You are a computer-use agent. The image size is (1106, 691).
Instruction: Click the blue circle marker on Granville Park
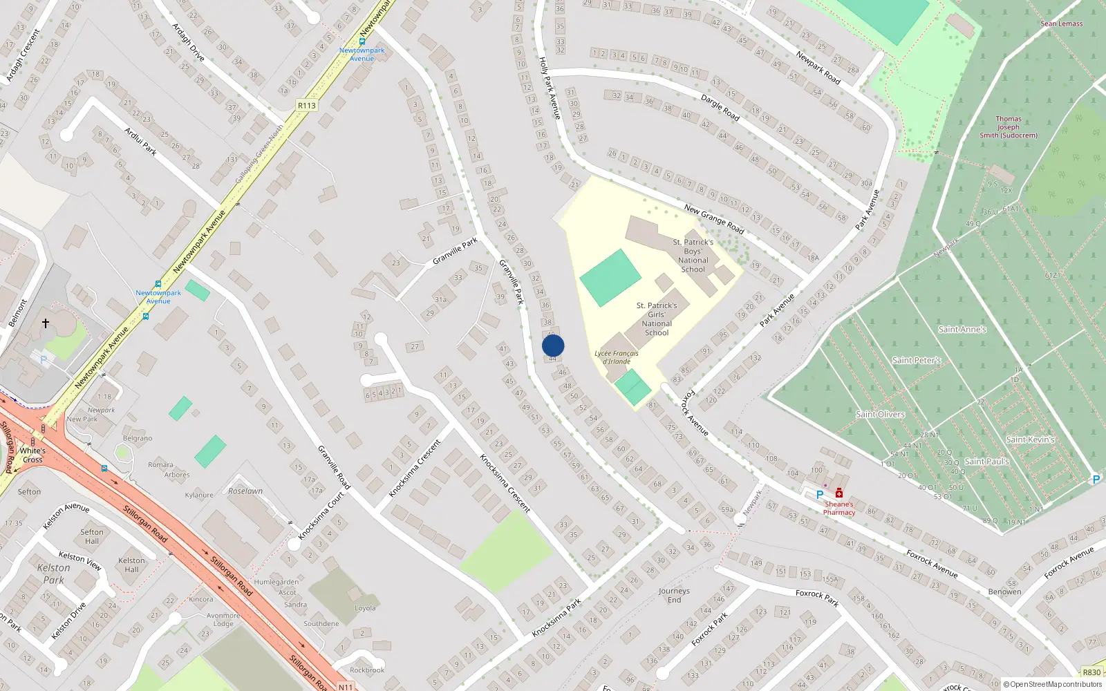(553, 345)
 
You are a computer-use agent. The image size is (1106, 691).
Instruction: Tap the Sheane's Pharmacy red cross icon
(838, 493)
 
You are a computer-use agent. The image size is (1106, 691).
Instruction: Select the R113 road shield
(306, 106)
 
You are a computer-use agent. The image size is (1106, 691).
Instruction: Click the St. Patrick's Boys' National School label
(693, 256)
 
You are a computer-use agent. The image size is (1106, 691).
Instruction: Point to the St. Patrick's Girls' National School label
(657, 319)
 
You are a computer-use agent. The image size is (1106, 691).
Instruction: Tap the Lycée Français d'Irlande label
(616, 357)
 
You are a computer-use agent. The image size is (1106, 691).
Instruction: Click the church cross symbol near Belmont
(46, 323)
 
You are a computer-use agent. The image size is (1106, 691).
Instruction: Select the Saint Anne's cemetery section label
(962, 330)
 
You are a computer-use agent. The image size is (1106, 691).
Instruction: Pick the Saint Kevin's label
(1030, 439)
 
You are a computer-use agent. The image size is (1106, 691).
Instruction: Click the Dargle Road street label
(720, 108)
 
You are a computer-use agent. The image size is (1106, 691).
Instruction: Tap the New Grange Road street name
(713, 218)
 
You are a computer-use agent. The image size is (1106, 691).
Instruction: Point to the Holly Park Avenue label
(549, 88)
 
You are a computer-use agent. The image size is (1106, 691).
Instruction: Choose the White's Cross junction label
(32, 455)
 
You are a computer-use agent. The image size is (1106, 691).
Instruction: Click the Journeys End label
(674, 596)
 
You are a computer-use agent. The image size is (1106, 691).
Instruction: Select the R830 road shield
(1091, 672)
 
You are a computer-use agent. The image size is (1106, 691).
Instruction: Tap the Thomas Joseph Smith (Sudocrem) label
(1008, 127)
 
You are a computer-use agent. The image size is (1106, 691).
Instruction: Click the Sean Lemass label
(1061, 23)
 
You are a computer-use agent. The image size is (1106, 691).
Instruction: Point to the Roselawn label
(245, 491)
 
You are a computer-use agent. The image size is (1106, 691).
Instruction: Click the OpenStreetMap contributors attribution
(1052, 685)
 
